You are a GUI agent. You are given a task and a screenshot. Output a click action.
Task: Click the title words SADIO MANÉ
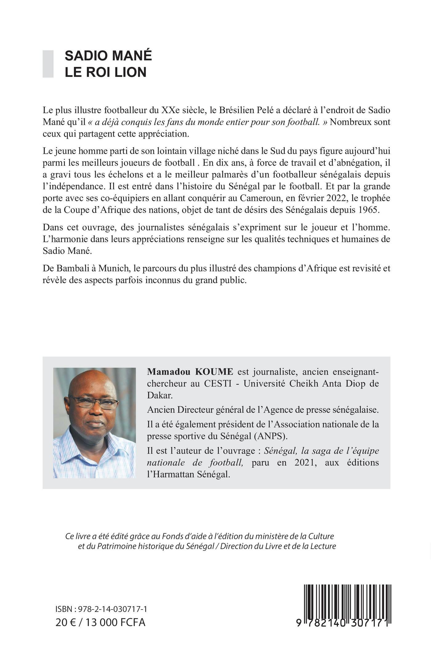pos(108,56)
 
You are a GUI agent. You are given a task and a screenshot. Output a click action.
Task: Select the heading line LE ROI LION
pos(105,72)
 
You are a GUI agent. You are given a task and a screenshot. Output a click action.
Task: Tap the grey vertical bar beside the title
pos(48,64)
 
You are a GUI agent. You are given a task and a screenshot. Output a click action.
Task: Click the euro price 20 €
pos(66,622)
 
